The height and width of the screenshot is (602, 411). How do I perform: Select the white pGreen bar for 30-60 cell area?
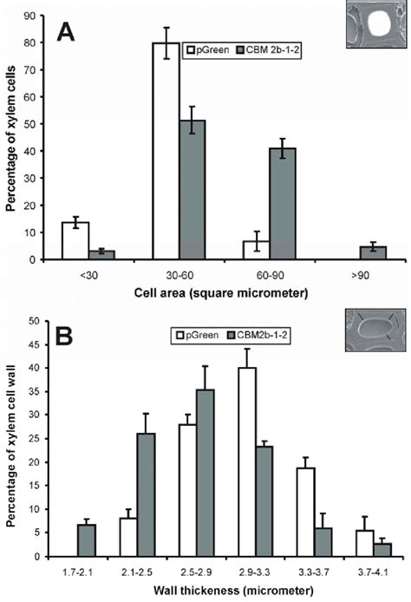(x=166, y=164)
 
